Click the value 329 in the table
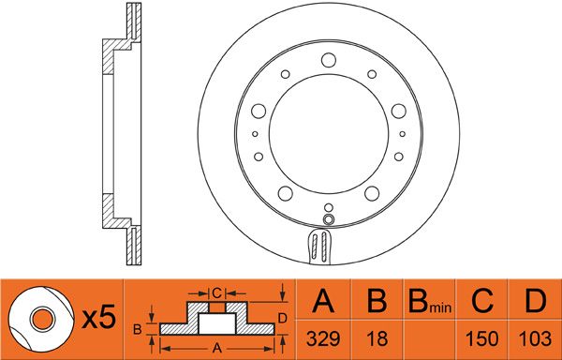point(323,338)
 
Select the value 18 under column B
point(377,338)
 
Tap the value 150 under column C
point(482,338)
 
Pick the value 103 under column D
point(536,338)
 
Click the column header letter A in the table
point(323,301)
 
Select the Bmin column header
point(430,301)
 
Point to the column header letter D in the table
point(536,301)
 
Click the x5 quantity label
point(99,317)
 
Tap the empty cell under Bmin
point(430,338)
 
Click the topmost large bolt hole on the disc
point(329,60)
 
